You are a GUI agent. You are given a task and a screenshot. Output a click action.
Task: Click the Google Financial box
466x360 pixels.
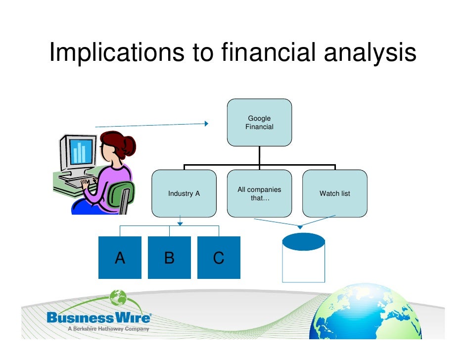point(259,122)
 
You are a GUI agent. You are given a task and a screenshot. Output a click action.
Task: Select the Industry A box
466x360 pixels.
point(184,193)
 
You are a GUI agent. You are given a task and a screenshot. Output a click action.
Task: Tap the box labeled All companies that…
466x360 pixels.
point(259,193)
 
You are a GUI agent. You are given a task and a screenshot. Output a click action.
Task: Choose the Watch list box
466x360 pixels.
point(334,193)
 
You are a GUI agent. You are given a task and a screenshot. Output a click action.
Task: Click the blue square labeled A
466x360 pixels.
point(120,258)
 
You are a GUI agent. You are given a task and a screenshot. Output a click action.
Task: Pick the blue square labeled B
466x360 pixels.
point(169,258)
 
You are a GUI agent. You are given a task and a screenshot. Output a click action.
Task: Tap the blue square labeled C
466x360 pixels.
point(219,258)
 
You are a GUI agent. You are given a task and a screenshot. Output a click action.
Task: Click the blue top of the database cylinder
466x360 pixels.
point(303,242)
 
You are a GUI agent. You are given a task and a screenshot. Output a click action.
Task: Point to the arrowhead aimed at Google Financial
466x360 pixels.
point(206,124)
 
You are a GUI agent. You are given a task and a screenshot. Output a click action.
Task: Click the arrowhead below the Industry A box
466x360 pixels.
point(180,224)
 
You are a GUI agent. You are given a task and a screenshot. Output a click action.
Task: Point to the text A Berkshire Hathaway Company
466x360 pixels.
point(107,328)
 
